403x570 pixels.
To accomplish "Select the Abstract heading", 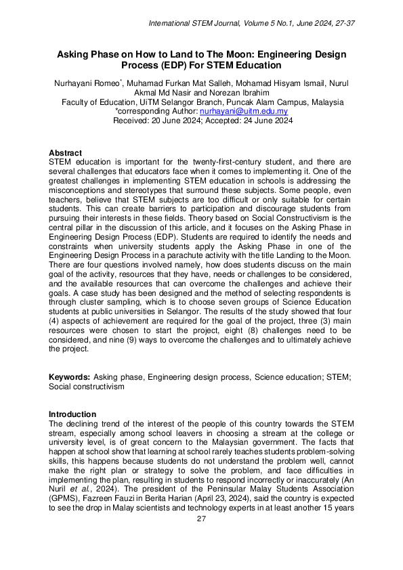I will pyautogui.click(x=66, y=153).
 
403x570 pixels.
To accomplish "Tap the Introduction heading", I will pyautogui.click(x=72, y=414).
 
